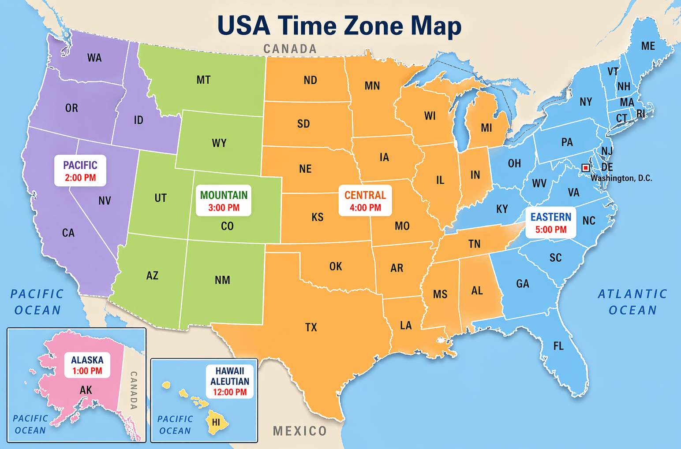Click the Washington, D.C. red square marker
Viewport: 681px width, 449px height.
click(x=586, y=168)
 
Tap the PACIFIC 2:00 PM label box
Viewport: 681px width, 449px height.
click(x=80, y=171)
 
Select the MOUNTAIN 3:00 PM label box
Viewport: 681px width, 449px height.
click(x=224, y=201)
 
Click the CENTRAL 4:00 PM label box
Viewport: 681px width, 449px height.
click(x=365, y=201)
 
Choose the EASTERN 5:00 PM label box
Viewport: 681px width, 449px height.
click(x=550, y=223)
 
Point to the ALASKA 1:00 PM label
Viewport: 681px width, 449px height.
click(x=87, y=365)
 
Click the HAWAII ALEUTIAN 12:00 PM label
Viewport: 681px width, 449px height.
click(x=229, y=381)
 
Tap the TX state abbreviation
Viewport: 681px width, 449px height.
click(x=311, y=327)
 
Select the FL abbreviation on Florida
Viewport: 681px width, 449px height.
click(x=558, y=346)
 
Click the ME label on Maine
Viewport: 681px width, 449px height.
click(x=648, y=46)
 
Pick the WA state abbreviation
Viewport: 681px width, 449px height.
click(x=94, y=58)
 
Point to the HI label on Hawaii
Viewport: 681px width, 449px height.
click(x=216, y=423)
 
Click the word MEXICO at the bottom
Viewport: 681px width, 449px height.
click(x=299, y=431)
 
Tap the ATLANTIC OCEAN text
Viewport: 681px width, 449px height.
click(x=632, y=302)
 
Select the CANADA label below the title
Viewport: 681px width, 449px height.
click(x=290, y=49)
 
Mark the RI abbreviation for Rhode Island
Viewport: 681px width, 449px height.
click(x=640, y=114)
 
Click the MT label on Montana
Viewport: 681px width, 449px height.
click(x=203, y=80)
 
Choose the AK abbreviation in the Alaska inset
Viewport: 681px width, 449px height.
click(x=86, y=390)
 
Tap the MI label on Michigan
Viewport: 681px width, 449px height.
click(x=486, y=128)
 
